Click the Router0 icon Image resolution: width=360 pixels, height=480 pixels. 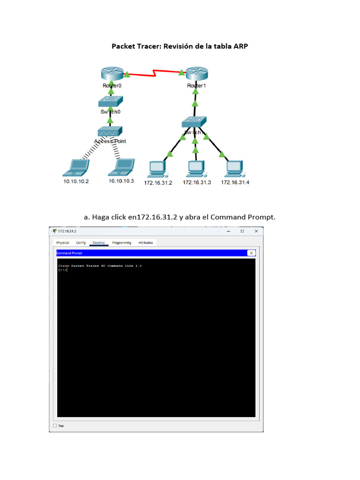[x=111, y=74]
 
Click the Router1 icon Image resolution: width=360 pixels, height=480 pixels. [x=196, y=74]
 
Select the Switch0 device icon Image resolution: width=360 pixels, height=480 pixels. [x=111, y=101]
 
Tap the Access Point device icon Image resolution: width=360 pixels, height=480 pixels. [x=110, y=131]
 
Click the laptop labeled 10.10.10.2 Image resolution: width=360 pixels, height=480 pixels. [x=75, y=166]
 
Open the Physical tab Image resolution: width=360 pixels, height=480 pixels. [x=63, y=243]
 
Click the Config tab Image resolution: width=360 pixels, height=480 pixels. [x=81, y=243]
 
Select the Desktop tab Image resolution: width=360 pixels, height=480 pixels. [x=99, y=243]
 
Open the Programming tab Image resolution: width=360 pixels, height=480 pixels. [x=122, y=243]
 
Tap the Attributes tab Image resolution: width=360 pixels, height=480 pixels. [x=146, y=243]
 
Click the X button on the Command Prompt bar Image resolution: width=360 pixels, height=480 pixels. [x=251, y=253]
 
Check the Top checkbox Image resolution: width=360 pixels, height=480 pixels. [x=55, y=426]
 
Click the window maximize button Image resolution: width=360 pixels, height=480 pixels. [x=242, y=231]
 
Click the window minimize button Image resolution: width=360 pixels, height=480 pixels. [x=228, y=231]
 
